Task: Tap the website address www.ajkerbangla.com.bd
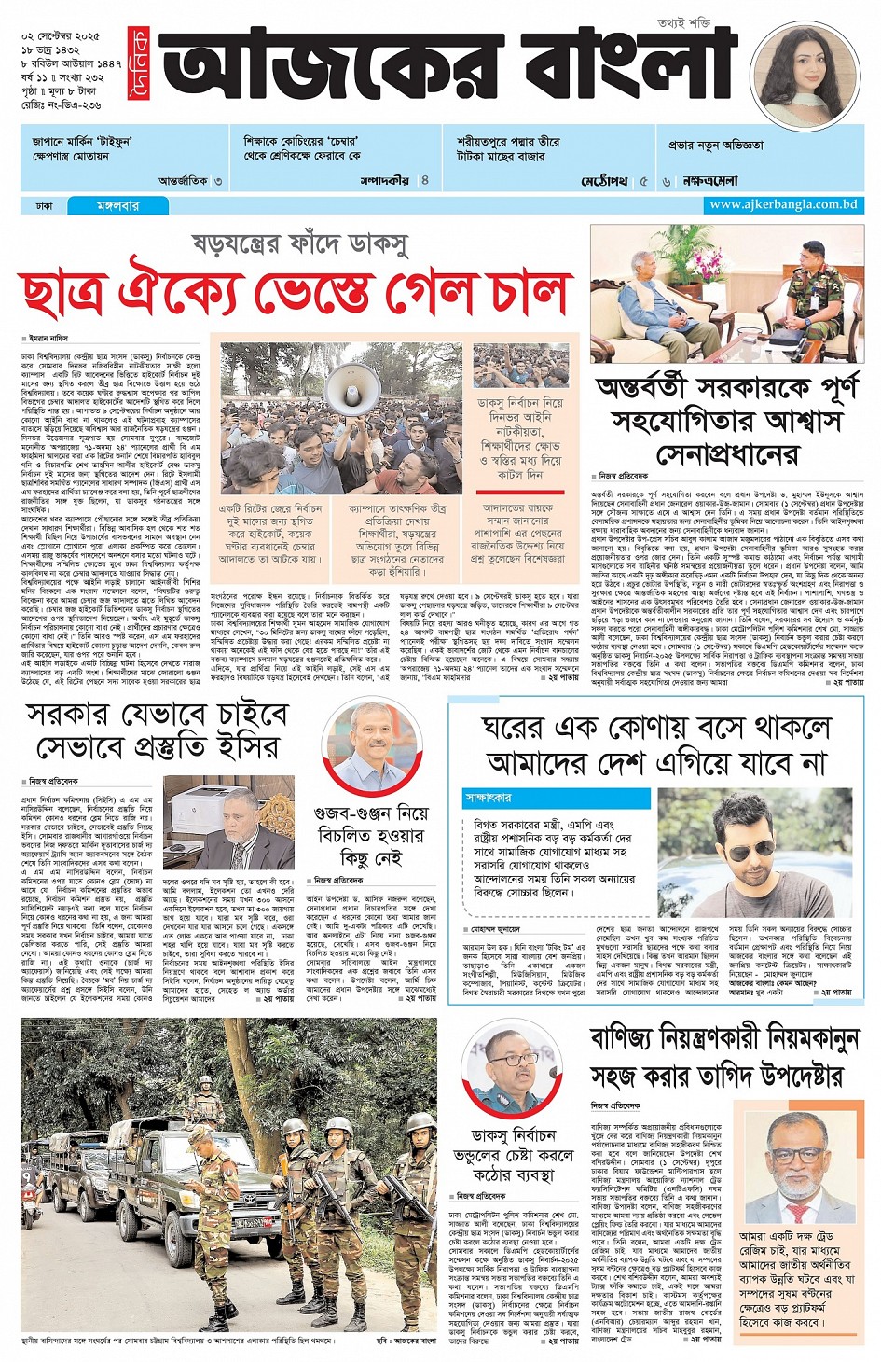(x=782, y=204)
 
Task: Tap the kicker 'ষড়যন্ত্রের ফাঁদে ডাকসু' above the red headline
(x=299, y=244)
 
